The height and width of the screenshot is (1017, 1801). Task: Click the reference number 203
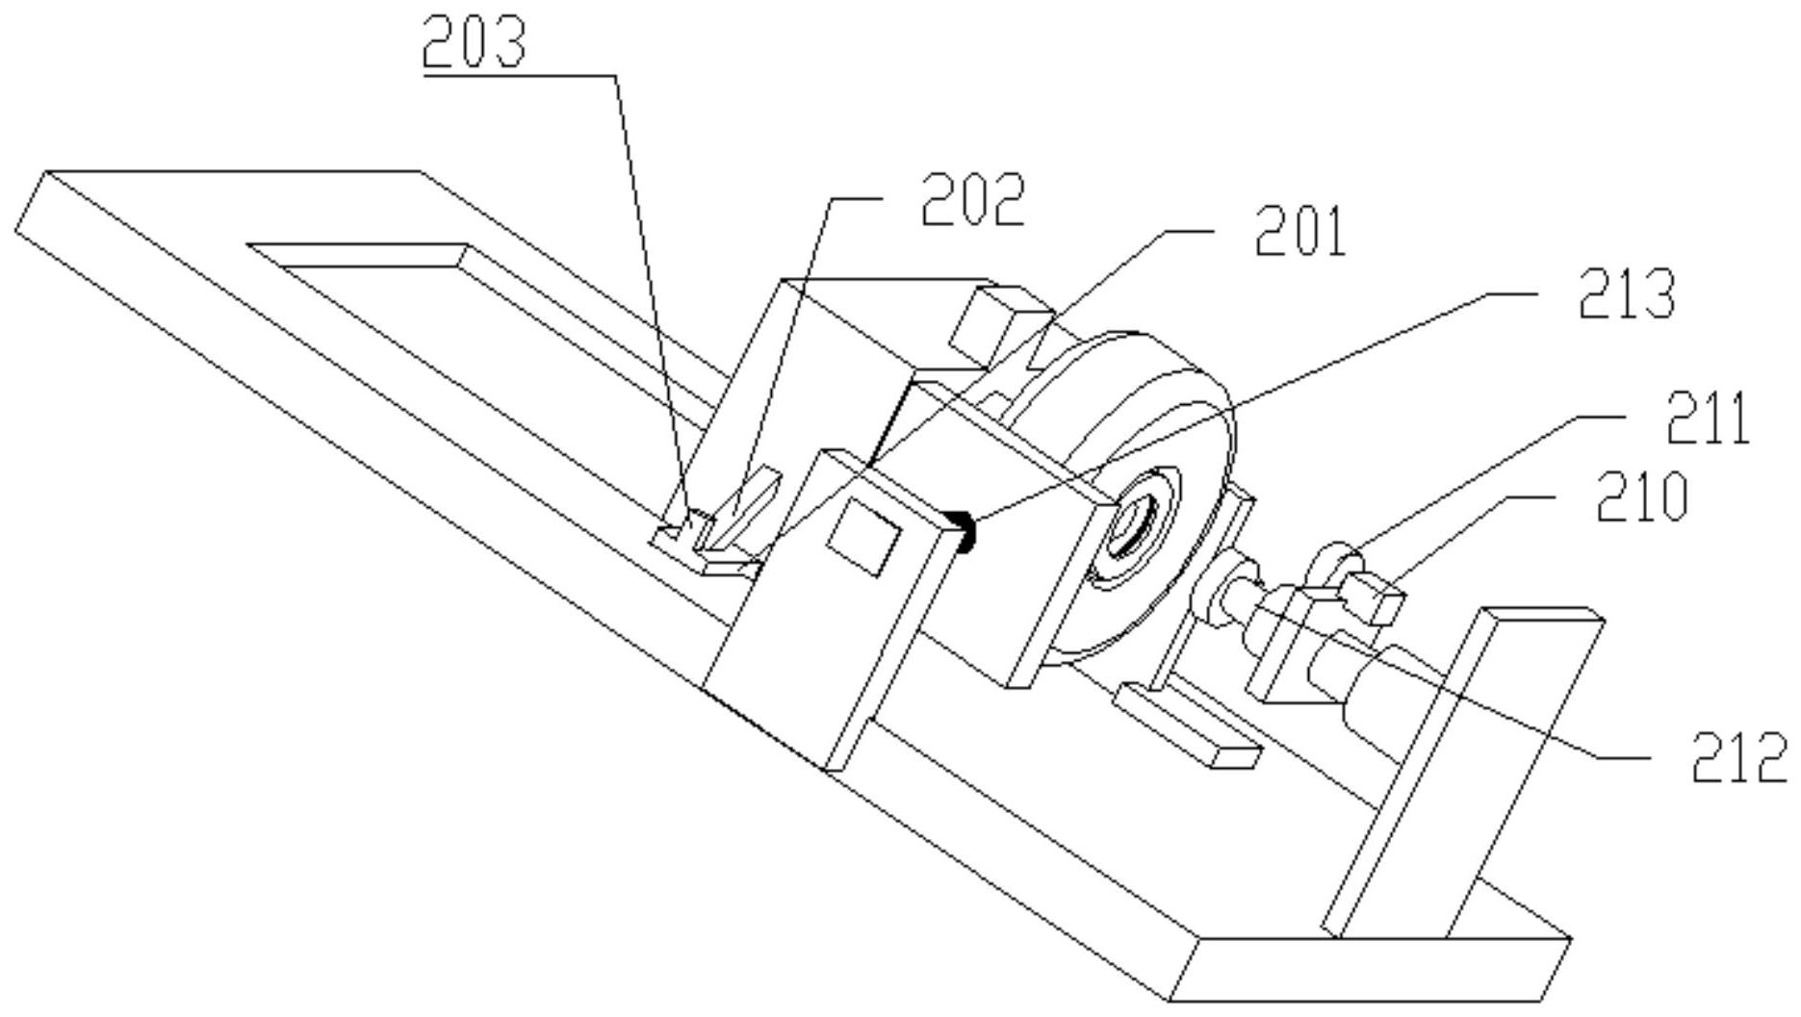[475, 42]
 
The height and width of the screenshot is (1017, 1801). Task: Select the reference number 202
[973, 199]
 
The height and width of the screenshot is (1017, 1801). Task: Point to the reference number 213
[1627, 293]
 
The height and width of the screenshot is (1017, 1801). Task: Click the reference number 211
[1707, 420]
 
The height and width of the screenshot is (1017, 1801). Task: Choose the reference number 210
[1642, 497]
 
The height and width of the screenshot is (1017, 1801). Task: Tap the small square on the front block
[863, 539]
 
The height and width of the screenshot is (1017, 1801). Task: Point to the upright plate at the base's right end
[1463, 770]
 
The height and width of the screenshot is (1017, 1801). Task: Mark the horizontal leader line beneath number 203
[520, 75]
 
